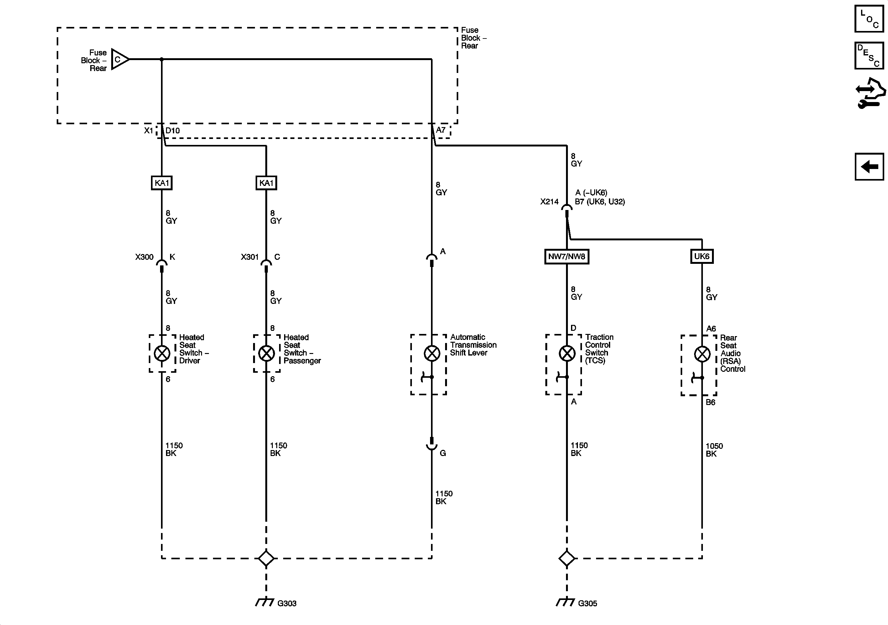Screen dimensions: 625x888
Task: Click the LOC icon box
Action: (x=869, y=18)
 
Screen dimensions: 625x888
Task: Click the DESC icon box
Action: (x=869, y=56)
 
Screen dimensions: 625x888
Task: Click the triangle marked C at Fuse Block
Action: (x=119, y=59)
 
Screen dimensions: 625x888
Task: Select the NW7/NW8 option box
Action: (x=567, y=257)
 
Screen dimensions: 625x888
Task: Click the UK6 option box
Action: (x=702, y=257)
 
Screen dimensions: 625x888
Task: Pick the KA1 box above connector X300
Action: (x=162, y=183)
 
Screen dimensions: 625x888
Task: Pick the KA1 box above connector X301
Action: (x=266, y=183)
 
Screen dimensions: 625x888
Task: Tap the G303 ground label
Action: (x=287, y=603)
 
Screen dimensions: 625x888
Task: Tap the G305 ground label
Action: (x=587, y=603)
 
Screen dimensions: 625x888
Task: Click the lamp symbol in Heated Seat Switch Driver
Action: (x=162, y=353)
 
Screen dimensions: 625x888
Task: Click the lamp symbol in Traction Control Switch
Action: (x=567, y=353)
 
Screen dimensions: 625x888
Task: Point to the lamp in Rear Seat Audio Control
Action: (x=702, y=354)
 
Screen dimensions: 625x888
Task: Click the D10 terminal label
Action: (x=173, y=131)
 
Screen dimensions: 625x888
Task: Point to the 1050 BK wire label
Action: (x=714, y=450)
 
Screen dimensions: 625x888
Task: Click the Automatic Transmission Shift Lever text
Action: (x=473, y=345)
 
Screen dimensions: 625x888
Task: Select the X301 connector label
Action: (x=249, y=257)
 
